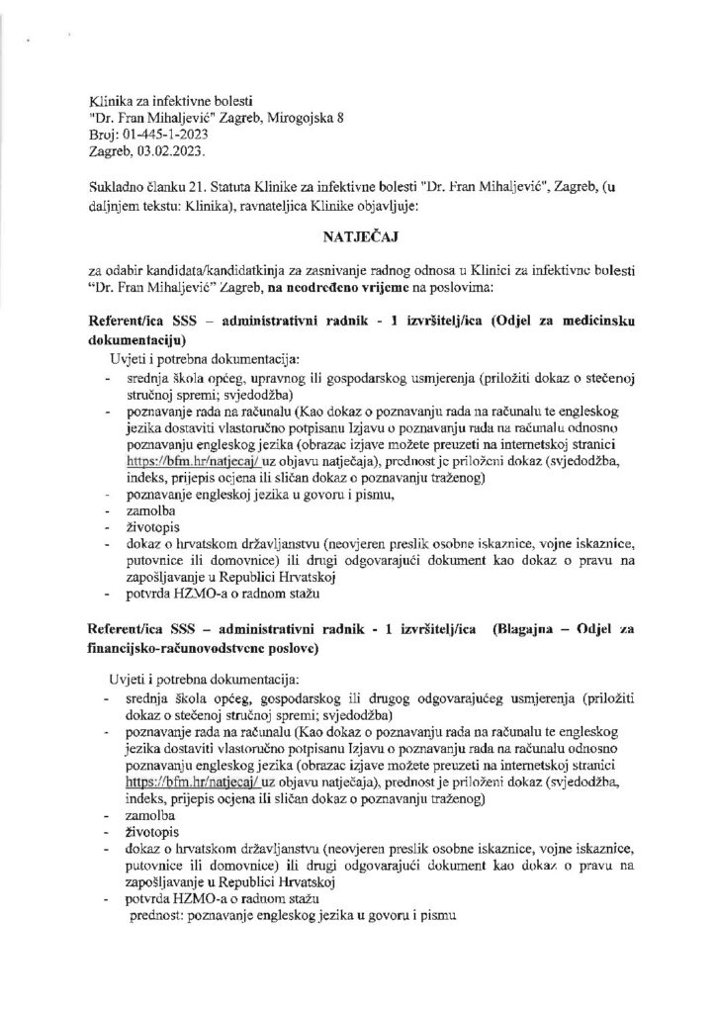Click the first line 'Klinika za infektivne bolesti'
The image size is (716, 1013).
point(171,100)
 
